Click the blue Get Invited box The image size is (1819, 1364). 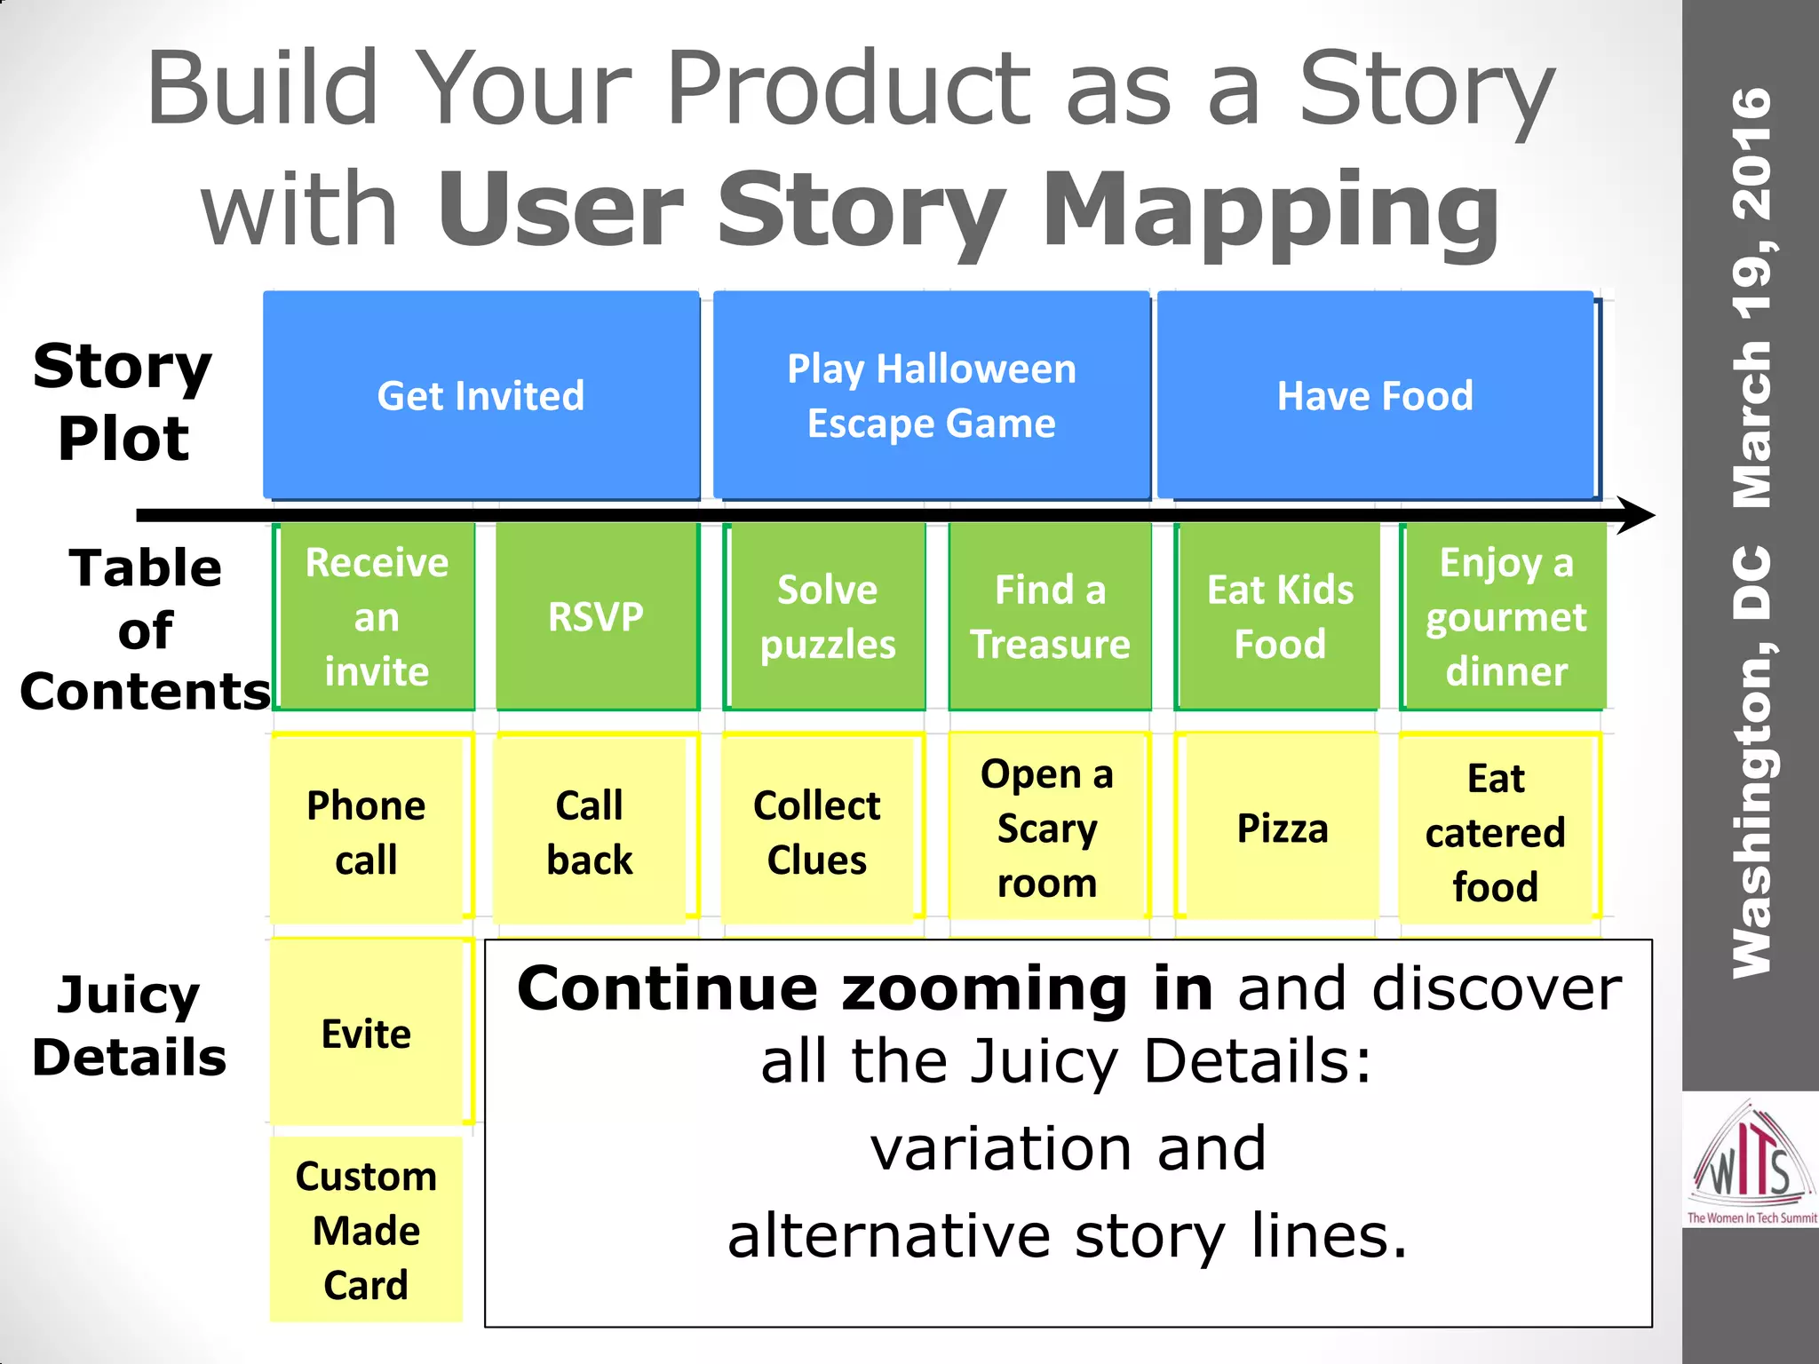click(481, 395)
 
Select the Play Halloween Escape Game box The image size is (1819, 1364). click(931, 395)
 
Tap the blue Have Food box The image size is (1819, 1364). click(1375, 395)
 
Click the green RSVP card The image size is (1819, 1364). click(596, 616)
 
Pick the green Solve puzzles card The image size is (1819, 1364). click(827, 616)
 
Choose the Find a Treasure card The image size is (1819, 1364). click(1050, 616)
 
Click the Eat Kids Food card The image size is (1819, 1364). click(1279, 616)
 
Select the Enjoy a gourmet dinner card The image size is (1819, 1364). click(1505, 616)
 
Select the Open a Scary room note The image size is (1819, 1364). click(1048, 828)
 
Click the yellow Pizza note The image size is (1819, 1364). click(1282, 828)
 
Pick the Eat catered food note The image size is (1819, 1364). click(1496, 831)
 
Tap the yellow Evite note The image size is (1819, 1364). click(366, 1034)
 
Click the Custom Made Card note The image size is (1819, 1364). click(366, 1230)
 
